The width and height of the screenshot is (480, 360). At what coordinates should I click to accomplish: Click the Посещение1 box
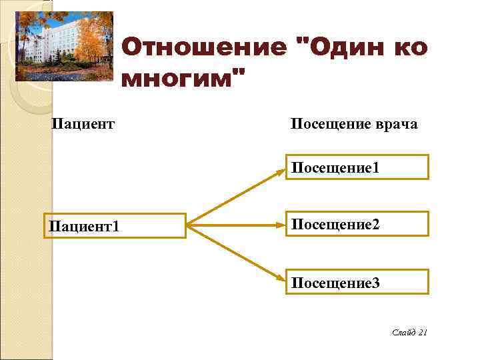pos(357,167)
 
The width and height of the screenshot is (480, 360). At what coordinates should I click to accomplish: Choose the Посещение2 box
pos(357,225)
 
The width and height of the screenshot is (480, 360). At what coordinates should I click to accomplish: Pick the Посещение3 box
pos(357,283)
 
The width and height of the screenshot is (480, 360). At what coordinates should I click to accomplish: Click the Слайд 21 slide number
pos(409,332)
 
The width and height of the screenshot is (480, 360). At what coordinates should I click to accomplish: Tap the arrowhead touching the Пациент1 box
pos(192,226)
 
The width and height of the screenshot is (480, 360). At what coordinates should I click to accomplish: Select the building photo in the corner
pos(64,43)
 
